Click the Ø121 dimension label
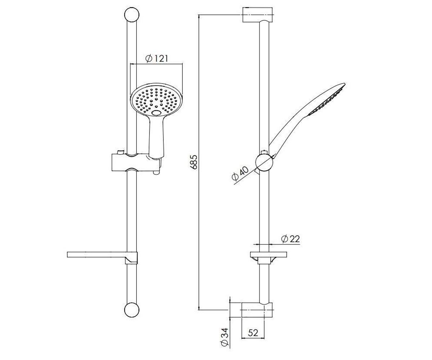tap(156, 59)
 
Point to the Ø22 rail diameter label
tap(290, 239)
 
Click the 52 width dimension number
tap(253, 333)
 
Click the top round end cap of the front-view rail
tap(132, 15)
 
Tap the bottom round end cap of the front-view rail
tap(132, 310)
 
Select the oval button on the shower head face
tap(156, 113)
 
